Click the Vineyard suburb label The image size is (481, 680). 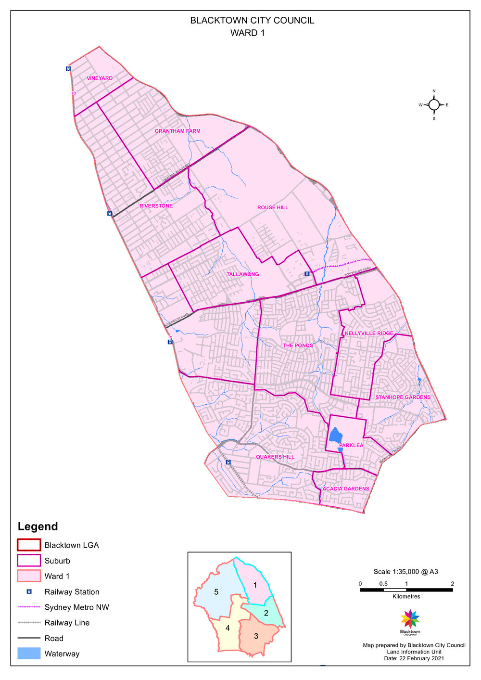(x=100, y=78)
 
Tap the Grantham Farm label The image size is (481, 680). (x=177, y=131)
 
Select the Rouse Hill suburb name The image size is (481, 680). (x=273, y=207)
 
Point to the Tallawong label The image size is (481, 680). (x=243, y=274)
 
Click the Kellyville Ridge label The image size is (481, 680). (x=369, y=333)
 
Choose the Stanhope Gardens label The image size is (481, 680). (x=403, y=398)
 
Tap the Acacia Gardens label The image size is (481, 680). (x=346, y=488)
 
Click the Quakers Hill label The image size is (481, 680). (x=275, y=457)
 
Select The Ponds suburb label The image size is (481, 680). (x=298, y=346)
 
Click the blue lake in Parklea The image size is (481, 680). (x=335, y=435)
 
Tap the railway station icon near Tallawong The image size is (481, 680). (x=307, y=274)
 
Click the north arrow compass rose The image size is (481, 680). (x=434, y=104)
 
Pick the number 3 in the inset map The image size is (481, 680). (x=256, y=636)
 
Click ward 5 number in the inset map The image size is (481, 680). (x=216, y=592)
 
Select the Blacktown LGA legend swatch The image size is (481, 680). (x=29, y=545)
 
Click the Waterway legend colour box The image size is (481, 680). (x=29, y=653)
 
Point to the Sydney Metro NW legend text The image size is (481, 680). (x=77, y=607)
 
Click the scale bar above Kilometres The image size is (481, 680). (x=406, y=590)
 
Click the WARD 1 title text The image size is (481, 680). (x=247, y=33)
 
